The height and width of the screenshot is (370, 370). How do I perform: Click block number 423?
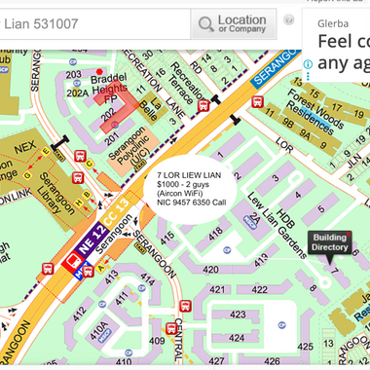[x=237, y=314]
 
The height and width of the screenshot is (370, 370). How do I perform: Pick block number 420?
[x=210, y=270]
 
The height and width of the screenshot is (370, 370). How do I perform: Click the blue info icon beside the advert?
[x=308, y=64]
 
